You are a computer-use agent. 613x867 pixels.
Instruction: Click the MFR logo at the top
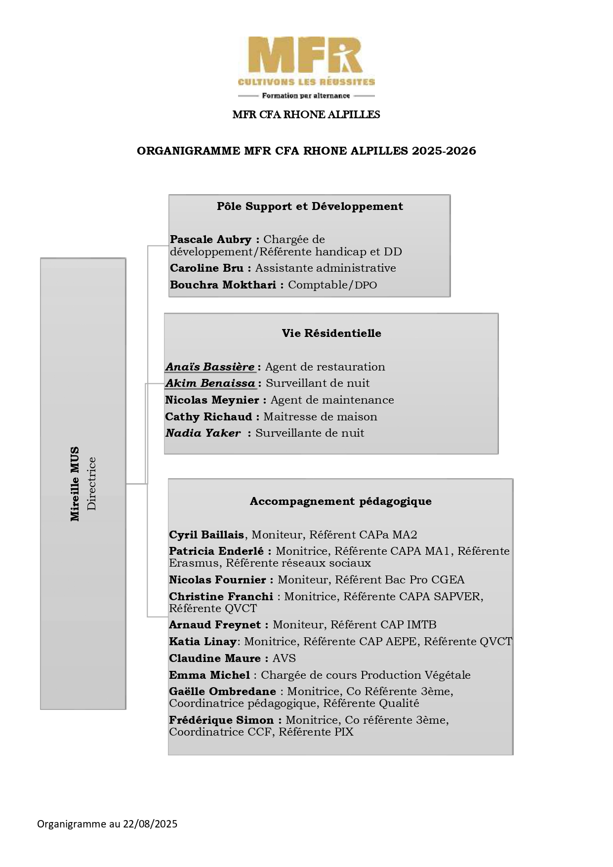[x=306, y=67]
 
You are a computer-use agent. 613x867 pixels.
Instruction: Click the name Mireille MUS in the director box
[x=75, y=484]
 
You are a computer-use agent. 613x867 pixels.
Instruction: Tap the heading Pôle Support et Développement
[x=310, y=206]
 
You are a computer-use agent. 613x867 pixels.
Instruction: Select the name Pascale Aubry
[x=210, y=240]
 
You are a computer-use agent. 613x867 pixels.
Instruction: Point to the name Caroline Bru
[x=206, y=268]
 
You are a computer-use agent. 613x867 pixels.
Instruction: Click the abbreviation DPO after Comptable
[x=366, y=285]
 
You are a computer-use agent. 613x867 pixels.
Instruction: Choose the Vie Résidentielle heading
[x=331, y=333]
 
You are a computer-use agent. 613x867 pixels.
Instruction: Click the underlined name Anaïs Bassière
[x=210, y=367]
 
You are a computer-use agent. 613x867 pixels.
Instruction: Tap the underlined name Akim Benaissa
[x=210, y=383]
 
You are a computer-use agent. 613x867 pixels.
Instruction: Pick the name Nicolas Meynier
[x=212, y=400]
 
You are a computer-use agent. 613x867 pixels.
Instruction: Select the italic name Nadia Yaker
[x=203, y=433]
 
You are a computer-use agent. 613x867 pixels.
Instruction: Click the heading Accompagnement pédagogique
[x=340, y=501]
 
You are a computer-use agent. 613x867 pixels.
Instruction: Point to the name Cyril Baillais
[x=206, y=535]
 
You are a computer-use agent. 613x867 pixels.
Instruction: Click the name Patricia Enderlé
[x=216, y=551]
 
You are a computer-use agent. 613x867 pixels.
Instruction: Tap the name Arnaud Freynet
[x=215, y=625]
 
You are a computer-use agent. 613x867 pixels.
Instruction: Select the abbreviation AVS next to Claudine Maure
[x=284, y=659]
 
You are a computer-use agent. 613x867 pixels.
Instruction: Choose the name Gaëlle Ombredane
[x=222, y=692]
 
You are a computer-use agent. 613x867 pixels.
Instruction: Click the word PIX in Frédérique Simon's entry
[x=344, y=732]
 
